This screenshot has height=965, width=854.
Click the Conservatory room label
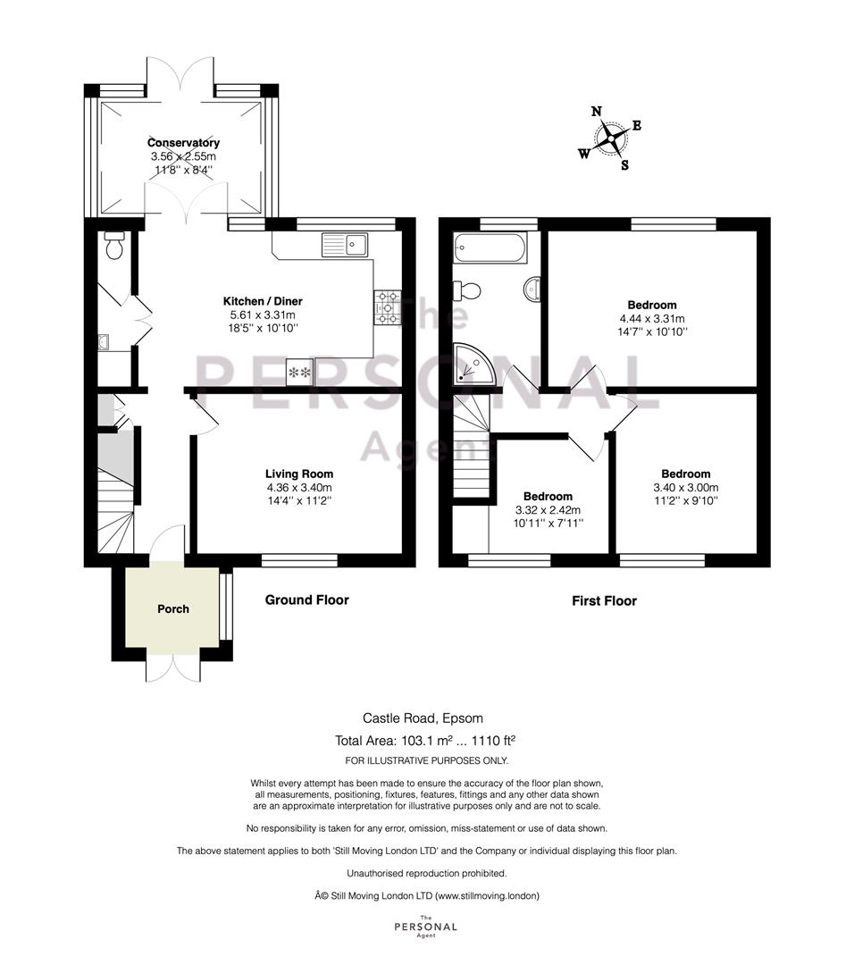click(183, 143)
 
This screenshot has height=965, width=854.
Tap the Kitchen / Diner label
click(263, 302)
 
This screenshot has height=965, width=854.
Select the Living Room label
click(299, 474)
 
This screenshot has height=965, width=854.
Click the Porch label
click(173, 608)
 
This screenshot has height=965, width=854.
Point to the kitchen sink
click(345, 245)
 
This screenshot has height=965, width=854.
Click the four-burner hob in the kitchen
click(388, 307)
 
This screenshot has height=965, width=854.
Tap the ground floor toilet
click(114, 246)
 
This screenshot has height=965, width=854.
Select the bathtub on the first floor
click(490, 248)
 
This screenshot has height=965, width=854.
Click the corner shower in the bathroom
click(473, 365)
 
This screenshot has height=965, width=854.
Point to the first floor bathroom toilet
click(467, 289)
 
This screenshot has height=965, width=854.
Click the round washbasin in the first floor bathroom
click(532, 289)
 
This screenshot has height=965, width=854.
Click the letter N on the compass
click(596, 112)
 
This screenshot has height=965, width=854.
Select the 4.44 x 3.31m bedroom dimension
click(652, 319)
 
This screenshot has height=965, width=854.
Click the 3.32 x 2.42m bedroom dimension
click(548, 510)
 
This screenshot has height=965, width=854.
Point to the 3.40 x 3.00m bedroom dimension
click(685, 488)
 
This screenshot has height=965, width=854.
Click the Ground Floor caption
click(307, 600)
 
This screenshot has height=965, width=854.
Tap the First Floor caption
click(604, 600)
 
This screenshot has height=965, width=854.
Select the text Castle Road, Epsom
click(423, 718)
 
